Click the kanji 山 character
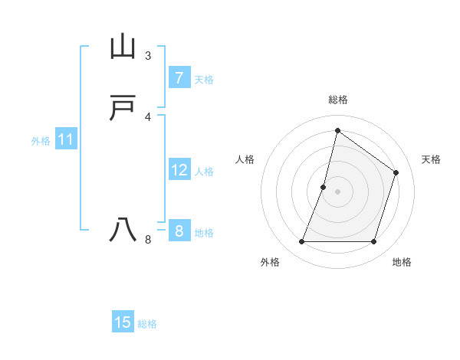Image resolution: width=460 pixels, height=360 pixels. [123, 47]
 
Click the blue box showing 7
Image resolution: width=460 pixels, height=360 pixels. [179, 78]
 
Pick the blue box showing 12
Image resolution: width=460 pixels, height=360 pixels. [179, 170]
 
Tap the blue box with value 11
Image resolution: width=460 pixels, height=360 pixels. [66, 140]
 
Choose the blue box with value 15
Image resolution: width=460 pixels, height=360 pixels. [123, 322]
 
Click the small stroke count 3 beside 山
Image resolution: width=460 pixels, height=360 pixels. [148, 56]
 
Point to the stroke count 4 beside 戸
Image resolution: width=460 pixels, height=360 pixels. [148, 117]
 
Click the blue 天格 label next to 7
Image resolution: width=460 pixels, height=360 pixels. [204, 80]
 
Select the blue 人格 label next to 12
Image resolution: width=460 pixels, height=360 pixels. [205, 172]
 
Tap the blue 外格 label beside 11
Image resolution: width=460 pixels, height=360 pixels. [41, 141]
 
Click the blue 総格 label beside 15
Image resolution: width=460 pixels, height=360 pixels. [147, 324]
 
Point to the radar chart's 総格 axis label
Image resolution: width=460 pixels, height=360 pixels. [337, 100]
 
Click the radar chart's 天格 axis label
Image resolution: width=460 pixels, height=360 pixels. [431, 159]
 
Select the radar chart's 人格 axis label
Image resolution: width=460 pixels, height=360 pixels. [245, 159]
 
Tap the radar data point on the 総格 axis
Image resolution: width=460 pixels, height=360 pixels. [337, 130]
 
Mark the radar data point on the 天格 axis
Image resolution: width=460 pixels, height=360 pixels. [396, 172]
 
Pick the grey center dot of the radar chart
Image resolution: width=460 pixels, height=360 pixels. [337, 191]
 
